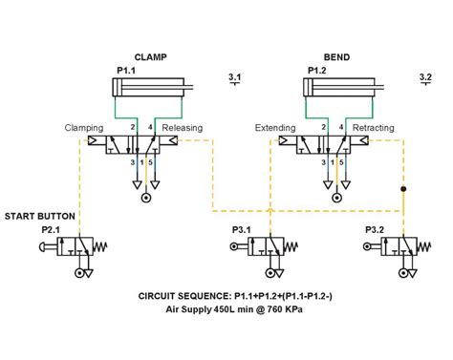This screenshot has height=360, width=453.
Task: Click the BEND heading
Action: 335,57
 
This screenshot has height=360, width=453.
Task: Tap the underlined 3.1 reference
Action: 235,75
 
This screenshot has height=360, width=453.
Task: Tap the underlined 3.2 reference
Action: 425,75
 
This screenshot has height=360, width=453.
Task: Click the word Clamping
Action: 83,127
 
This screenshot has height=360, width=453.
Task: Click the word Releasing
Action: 182,127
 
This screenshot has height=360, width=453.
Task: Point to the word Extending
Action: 275,127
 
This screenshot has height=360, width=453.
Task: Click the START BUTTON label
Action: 39,217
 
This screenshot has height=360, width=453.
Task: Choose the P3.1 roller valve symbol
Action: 267,247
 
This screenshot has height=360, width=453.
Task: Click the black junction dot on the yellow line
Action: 403,188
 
